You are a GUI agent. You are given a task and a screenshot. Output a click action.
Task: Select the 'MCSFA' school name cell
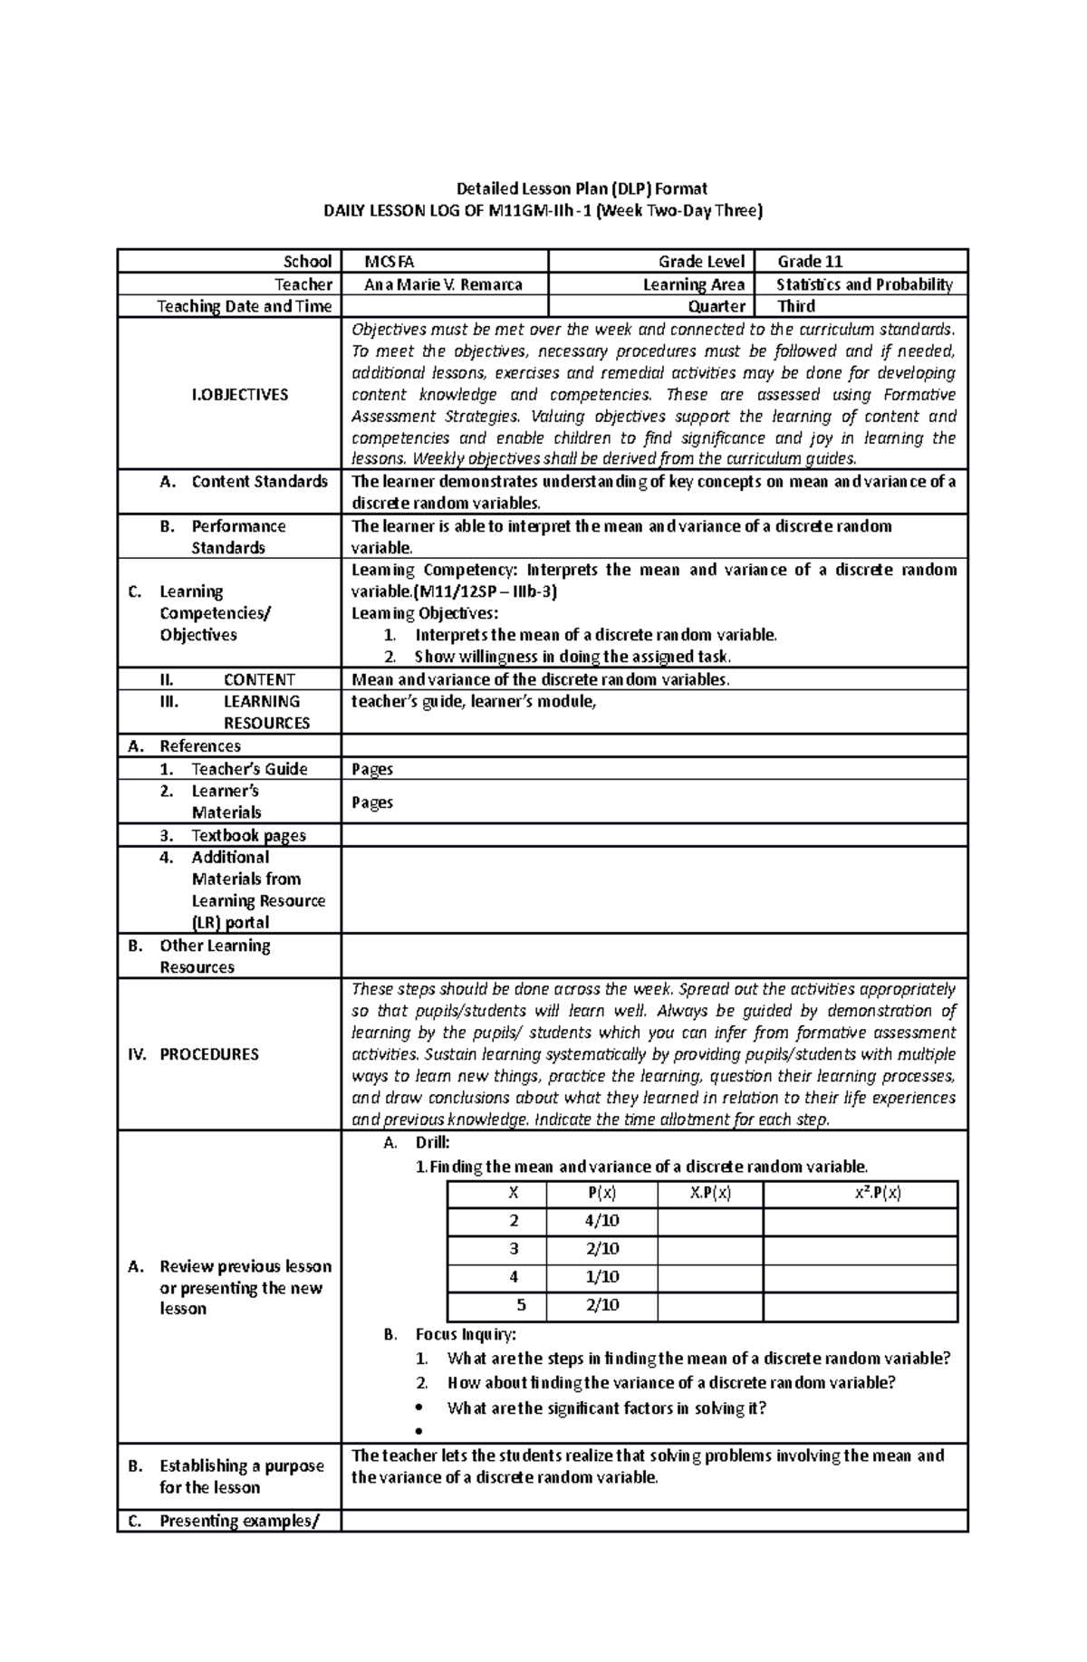coord(390,262)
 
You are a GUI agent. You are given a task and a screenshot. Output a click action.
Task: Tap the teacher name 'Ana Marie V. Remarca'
coord(443,284)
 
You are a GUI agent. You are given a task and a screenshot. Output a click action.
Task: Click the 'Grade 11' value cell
coord(810,262)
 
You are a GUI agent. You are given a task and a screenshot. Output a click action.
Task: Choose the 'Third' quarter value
coord(796,306)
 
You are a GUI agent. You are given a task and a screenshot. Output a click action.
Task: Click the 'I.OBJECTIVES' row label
coord(240,395)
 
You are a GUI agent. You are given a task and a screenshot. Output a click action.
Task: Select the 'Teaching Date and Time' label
coord(244,306)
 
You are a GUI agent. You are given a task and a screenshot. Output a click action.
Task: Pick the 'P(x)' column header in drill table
coord(602,1193)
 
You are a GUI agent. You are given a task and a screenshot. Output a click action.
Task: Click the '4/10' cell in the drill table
coord(601,1221)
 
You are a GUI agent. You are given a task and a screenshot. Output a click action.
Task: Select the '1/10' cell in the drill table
coord(601,1277)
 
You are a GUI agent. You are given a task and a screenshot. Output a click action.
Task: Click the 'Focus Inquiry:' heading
coord(466,1334)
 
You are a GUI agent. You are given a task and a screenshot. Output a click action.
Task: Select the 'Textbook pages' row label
coord(248,835)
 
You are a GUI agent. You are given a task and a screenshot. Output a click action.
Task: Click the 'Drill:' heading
coord(432,1143)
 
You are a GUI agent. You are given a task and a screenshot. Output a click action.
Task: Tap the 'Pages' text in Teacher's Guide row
coord(372,769)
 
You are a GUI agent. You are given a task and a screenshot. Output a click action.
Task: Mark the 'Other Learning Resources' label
coord(215,956)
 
